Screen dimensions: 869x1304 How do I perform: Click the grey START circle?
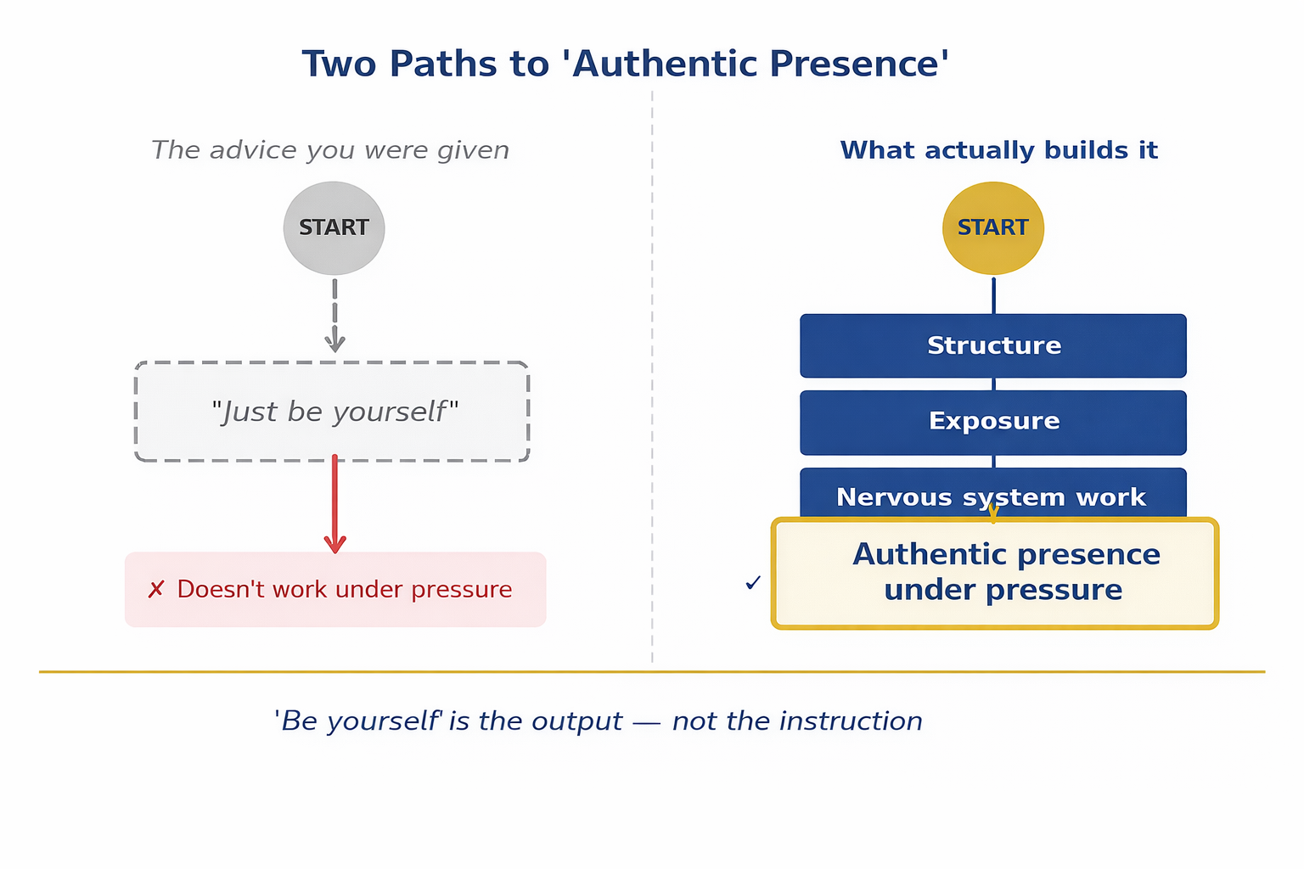(334, 227)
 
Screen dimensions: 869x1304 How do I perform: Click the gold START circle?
(992, 227)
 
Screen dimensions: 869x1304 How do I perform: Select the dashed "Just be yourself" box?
(332, 412)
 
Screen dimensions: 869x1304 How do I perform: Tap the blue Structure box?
(992, 345)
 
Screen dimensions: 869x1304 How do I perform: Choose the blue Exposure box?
(992, 422)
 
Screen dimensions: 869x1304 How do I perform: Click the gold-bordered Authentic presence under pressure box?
(994, 573)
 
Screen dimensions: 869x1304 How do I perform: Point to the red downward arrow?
(334, 504)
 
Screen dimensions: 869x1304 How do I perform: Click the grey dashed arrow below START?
(334, 315)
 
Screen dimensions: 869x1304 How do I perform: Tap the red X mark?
(155, 590)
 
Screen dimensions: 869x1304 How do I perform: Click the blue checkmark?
(752, 583)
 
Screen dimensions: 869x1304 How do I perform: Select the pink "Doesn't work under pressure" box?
(335, 590)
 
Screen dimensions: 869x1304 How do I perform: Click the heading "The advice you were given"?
(330, 150)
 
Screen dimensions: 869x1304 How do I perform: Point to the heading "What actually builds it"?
(998, 150)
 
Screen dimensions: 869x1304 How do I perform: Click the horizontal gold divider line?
(651, 671)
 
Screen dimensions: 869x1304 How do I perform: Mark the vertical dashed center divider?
(652, 382)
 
